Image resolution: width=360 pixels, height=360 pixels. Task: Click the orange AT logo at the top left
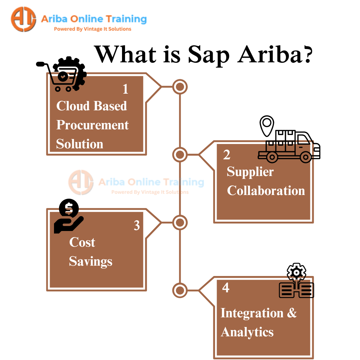[23, 19]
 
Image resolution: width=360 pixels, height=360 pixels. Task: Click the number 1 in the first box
[125, 89]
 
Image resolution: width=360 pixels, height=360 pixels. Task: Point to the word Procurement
[92, 125]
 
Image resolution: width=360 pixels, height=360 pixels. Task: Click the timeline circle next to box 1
[180, 87]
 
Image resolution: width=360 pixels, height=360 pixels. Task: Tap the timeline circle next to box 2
[180, 154]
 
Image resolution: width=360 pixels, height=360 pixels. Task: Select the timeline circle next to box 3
[180, 222]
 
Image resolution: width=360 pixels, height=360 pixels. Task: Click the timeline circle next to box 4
[180, 290]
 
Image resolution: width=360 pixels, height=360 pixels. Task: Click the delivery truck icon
[289, 147]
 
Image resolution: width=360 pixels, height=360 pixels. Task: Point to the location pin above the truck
[267, 126]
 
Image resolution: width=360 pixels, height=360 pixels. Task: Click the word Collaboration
[266, 191]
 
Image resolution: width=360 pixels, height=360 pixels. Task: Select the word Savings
[90, 261]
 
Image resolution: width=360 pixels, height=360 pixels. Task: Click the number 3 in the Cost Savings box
[137, 226]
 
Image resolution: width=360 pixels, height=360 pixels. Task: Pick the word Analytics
[247, 332]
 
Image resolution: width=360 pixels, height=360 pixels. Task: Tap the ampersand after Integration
[292, 313]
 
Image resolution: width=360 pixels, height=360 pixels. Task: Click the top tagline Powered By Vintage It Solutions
[93, 29]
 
